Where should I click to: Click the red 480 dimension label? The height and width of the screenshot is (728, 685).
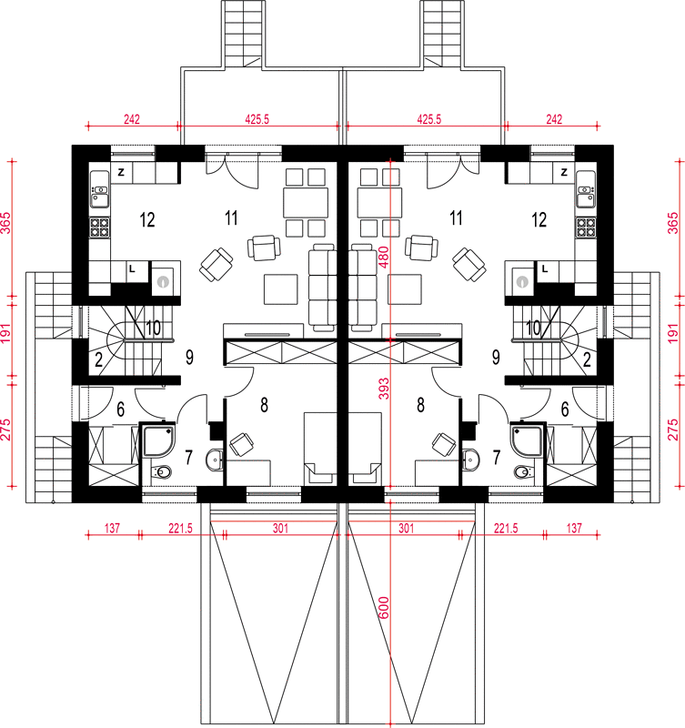coord(384,257)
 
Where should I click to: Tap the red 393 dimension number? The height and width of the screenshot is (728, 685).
coord(384,389)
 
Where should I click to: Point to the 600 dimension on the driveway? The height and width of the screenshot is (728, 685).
coord(384,608)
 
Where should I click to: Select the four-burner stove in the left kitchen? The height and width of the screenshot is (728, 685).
coord(99,227)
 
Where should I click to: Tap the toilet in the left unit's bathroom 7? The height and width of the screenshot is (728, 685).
coord(162,472)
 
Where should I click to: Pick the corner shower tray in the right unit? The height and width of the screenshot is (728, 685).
coord(527,440)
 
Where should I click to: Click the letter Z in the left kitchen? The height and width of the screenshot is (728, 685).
coord(121,172)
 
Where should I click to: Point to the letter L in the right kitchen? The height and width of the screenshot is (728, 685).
coord(544,268)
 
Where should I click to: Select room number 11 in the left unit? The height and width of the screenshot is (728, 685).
coord(231,217)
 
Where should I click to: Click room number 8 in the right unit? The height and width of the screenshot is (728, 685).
coord(420,405)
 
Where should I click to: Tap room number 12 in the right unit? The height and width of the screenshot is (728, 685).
coord(539,219)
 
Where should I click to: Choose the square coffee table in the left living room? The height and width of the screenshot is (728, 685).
coord(281,289)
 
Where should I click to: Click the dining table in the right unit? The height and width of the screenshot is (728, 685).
coord(379,203)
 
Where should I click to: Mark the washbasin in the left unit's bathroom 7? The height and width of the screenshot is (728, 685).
coord(215,460)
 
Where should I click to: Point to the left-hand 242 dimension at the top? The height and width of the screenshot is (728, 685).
coord(132,119)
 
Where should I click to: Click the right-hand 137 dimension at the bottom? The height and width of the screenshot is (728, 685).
coord(574,529)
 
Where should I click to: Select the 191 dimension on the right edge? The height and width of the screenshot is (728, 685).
coord(673,334)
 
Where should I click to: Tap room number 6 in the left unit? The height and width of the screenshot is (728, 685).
coord(121,409)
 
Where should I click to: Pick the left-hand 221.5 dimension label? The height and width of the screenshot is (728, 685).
coord(180,529)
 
